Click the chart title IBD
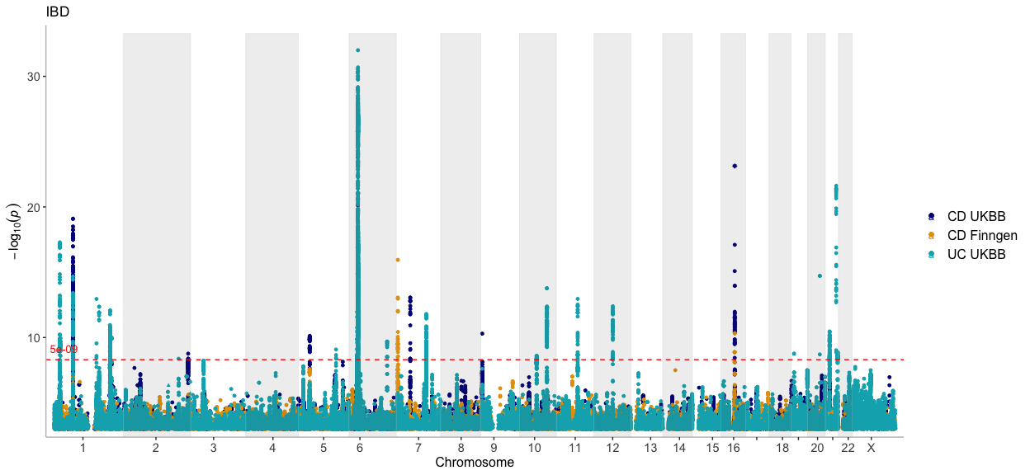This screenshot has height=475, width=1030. coord(57,12)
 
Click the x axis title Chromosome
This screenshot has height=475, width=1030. coord(475,463)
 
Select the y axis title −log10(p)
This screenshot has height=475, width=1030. coord(17,231)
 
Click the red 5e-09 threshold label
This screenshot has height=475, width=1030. coord(64,350)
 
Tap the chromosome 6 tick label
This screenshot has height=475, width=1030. coord(360,448)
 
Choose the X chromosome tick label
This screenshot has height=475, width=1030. coord(870,448)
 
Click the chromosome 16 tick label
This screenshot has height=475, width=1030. coord(734,448)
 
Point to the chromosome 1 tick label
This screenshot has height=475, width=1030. coord(83,448)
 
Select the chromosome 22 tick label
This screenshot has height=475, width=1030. coord(848,448)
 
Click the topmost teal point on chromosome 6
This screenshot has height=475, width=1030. coord(357,50)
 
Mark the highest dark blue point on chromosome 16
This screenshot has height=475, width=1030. coord(734,166)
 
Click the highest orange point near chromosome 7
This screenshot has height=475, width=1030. coord(398,260)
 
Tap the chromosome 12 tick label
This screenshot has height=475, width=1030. coord(612,448)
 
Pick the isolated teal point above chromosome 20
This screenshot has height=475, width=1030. coord(820,276)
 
